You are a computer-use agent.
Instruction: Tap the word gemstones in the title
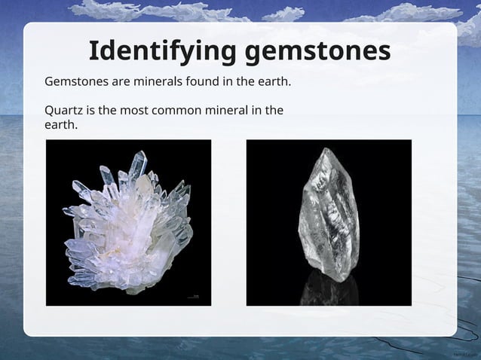[x=317, y=51]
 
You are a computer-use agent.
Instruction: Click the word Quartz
[x=63, y=110]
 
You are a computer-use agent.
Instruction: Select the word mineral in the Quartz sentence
[x=227, y=110]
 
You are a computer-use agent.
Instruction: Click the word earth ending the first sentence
[x=274, y=81]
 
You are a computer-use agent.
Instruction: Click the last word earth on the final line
[x=60, y=124]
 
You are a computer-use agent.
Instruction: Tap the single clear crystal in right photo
[x=328, y=215]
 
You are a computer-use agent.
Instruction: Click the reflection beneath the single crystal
[x=326, y=290]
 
